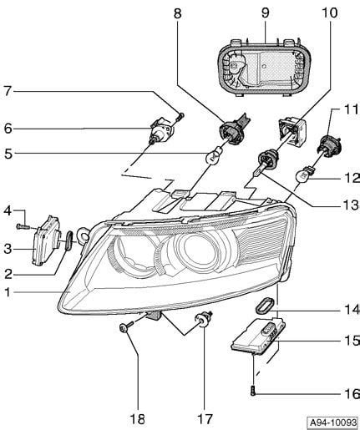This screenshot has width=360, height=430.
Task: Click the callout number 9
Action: (265, 13)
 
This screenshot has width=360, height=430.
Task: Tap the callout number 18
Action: (138, 419)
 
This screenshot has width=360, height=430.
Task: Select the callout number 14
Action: (352, 310)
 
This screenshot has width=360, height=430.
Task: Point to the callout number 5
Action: (8, 154)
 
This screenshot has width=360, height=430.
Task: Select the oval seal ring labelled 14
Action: (265, 306)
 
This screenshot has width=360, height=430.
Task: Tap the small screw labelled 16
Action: (253, 391)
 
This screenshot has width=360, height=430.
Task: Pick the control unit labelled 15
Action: (259, 337)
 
